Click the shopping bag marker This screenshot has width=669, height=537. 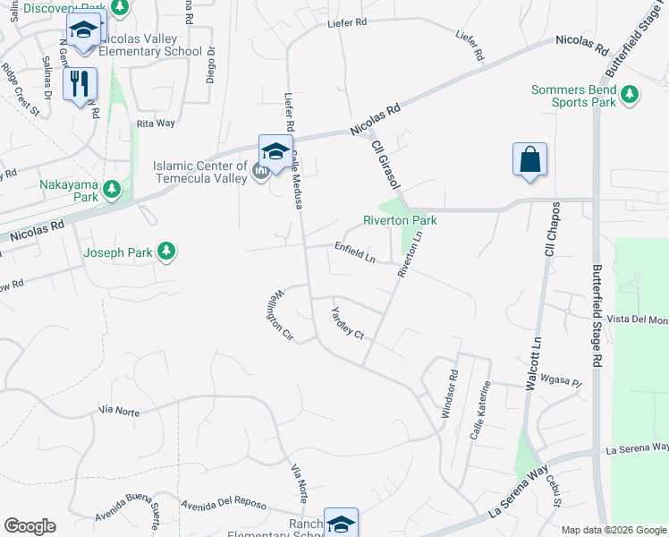click(530, 159)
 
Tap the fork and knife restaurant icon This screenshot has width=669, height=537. click(80, 84)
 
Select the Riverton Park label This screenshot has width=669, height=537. click(399, 220)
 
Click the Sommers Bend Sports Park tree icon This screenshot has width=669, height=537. click(630, 94)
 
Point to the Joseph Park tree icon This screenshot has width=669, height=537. click(165, 252)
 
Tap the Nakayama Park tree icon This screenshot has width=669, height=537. click(112, 188)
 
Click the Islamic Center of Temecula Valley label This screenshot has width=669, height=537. click(199, 172)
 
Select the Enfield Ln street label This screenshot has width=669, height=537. click(355, 252)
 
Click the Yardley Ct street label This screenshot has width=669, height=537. click(347, 323)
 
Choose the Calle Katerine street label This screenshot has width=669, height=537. click(481, 409)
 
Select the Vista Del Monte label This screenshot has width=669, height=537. click(637, 320)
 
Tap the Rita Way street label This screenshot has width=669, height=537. click(156, 124)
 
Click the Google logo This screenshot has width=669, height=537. click(30, 526)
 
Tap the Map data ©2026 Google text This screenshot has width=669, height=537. click(613, 530)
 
